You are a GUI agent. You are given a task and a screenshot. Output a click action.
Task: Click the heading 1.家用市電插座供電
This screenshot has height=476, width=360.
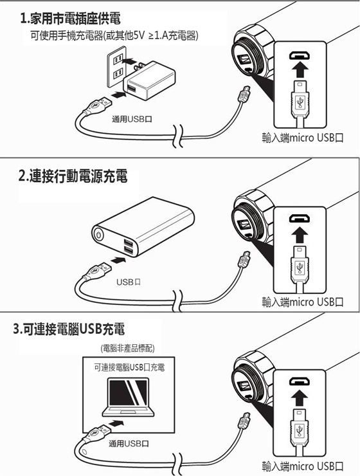[70, 19]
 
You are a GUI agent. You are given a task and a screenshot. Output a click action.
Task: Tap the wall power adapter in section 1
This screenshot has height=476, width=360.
[148, 80]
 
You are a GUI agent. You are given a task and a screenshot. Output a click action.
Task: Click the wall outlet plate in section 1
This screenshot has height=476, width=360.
[117, 67]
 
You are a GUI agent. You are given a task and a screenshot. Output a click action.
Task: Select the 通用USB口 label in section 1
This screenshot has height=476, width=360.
[132, 119]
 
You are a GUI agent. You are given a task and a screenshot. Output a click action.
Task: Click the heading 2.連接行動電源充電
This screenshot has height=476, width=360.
[73, 176]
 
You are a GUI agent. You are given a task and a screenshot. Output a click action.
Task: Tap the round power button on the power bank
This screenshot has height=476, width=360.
[99, 235]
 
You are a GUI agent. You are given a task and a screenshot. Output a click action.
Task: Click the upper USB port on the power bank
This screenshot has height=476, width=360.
[128, 243]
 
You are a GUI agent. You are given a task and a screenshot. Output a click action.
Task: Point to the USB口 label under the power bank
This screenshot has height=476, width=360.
[129, 282]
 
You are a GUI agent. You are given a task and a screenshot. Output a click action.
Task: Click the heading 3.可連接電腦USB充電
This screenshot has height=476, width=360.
[69, 329]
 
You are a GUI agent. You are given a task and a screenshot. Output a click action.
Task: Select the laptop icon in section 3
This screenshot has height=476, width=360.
[129, 397]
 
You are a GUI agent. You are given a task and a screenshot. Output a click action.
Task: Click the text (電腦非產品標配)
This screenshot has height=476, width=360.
[127, 348]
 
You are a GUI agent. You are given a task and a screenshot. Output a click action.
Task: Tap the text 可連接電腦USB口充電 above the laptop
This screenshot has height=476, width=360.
[129, 367]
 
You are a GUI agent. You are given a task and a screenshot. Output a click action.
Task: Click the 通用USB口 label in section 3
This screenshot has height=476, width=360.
[129, 444]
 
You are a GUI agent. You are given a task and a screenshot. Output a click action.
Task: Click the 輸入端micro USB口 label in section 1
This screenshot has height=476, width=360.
[303, 138]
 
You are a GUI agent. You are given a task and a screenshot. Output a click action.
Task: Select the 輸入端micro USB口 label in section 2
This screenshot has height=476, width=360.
[303, 302]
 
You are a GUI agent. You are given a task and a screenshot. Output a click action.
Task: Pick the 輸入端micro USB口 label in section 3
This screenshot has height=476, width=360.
[303, 466]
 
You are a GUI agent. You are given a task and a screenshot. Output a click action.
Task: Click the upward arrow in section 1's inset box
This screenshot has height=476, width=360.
[300, 69]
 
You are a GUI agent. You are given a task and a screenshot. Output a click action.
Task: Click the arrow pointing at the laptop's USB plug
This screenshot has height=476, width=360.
[116, 423]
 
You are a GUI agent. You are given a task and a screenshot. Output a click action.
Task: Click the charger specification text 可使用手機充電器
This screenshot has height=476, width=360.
[67, 36]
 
